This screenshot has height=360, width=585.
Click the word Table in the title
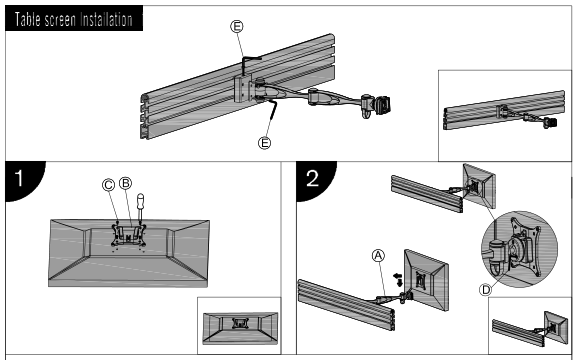click(27, 19)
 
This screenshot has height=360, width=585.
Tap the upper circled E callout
click(237, 26)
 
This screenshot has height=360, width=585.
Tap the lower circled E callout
click(265, 143)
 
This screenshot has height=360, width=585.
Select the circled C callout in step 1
click(109, 185)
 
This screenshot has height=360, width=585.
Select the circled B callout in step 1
click(126, 183)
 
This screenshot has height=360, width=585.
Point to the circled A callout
click(378, 256)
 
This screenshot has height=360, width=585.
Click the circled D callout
click(485, 290)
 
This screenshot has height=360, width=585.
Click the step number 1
click(19, 178)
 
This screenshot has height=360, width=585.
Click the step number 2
click(312, 178)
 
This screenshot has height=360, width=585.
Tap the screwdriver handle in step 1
click(141, 202)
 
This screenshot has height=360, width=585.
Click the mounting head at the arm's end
click(376, 106)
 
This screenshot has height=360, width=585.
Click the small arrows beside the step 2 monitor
click(398, 279)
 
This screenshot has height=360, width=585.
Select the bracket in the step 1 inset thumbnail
click(239, 323)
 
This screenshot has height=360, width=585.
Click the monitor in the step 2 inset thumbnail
click(556, 328)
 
